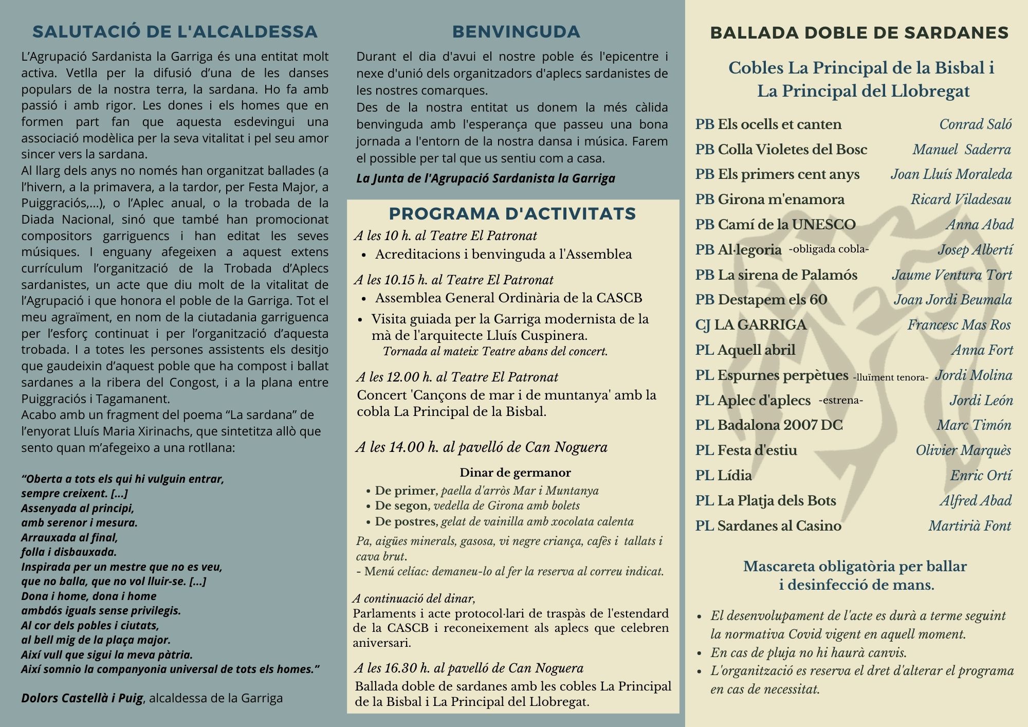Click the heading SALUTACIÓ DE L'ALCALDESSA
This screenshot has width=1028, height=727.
175,32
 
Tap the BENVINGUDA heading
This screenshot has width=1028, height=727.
516,32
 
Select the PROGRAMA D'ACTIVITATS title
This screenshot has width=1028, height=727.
512,213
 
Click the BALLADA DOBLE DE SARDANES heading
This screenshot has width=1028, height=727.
859,33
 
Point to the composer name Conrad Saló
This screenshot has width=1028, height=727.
975,124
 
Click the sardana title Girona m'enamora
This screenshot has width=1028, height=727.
781,199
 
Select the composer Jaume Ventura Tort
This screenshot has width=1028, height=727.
951,275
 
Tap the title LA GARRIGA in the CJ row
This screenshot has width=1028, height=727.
760,325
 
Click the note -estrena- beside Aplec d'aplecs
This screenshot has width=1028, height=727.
840,401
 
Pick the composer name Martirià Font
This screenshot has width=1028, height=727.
969,526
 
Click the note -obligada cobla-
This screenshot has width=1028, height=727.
829,249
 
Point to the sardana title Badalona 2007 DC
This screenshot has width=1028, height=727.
780,425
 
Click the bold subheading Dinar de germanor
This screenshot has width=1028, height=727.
515,472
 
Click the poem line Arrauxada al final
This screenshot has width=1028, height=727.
69,538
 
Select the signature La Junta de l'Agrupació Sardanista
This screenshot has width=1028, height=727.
485,178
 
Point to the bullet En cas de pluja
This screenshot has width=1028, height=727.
808,653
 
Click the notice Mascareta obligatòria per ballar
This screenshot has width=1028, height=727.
855,567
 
